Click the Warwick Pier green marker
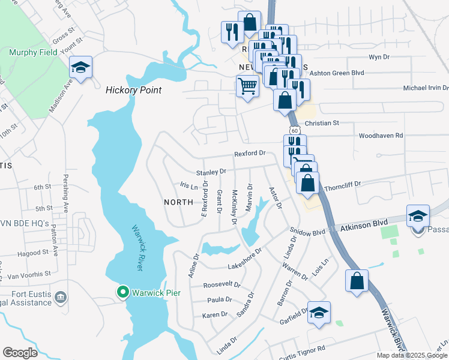[123, 292]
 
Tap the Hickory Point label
[134, 90]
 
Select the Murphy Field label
[33, 52]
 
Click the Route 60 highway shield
[294, 130]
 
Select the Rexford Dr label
[249, 153]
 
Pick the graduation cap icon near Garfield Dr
[319, 312]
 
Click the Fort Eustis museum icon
[60, 297]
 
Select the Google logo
[20, 353]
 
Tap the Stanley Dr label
[211, 172]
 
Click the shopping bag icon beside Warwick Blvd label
[357, 281]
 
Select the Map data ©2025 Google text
[411, 355]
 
